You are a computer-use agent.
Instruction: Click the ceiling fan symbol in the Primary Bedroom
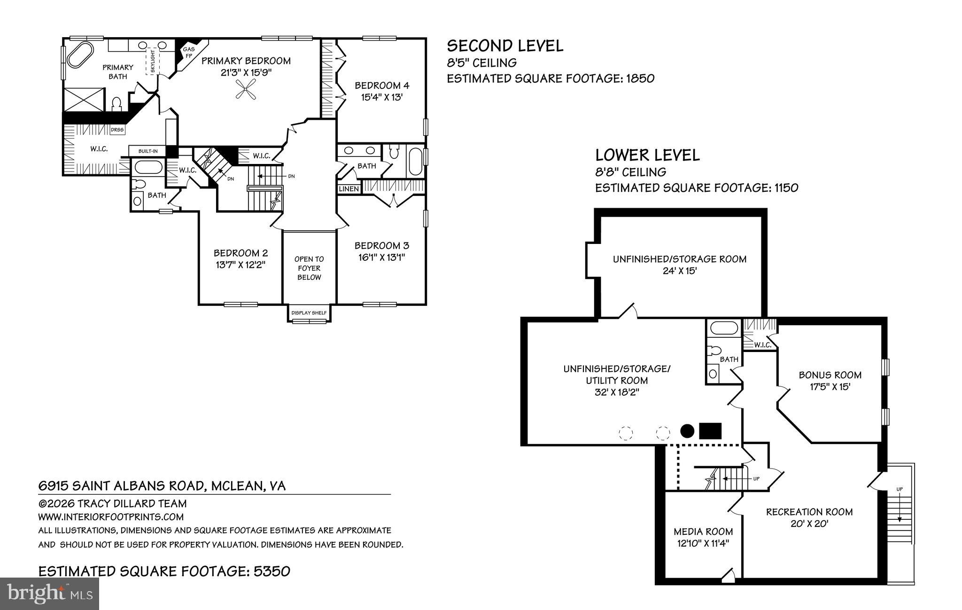tap(246, 89)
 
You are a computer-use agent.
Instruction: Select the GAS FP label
tap(188, 52)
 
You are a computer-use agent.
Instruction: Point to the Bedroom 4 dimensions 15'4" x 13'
tap(382, 97)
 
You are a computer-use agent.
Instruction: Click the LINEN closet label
tap(349, 189)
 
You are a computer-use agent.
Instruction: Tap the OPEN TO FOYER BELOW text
tap(309, 268)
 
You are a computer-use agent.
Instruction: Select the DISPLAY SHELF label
tap(309, 313)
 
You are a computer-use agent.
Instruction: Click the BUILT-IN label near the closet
tap(148, 151)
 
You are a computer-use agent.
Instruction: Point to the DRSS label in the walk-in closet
tap(116, 130)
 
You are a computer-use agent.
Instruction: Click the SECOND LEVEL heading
tap(505, 46)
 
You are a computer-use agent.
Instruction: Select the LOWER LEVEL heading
tap(647, 155)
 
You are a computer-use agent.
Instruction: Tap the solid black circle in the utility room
tap(687, 430)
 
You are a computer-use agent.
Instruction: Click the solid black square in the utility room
tap(710, 430)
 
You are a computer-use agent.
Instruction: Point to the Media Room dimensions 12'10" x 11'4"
tap(703, 543)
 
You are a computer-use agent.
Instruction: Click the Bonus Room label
tap(830, 375)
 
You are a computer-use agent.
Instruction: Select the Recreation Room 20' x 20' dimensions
tap(809, 524)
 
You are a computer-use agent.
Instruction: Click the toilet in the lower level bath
tap(715, 351)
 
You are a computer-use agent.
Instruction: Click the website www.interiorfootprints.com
tap(111, 517)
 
